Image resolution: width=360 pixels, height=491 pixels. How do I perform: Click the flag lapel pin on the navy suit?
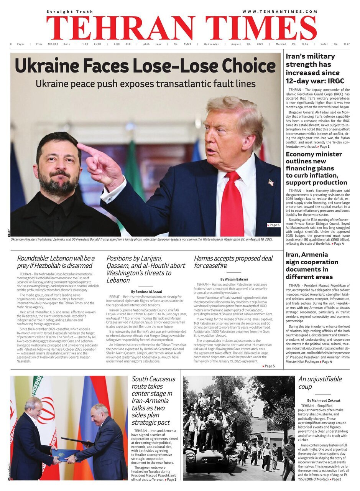[271, 183]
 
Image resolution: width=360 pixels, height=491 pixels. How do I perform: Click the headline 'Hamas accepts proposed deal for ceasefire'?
[233, 262]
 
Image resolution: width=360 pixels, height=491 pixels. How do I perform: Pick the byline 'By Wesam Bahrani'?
[234, 279]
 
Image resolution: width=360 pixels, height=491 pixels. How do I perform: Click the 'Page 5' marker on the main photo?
[273, 225]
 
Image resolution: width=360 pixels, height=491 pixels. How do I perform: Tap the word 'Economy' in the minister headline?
[302, 154]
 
